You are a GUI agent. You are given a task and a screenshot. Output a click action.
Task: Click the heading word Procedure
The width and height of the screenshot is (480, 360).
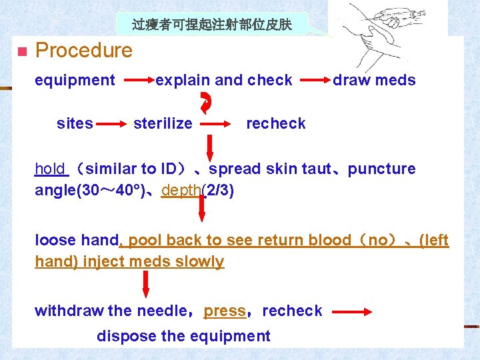click(83, 51)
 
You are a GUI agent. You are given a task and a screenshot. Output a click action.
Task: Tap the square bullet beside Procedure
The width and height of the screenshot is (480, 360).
click(21, 51)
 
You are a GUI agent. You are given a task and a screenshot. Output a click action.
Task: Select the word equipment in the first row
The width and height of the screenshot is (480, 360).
click(75, 81)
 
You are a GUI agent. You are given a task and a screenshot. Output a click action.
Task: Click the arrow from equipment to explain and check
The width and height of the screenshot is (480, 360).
click(139, 81)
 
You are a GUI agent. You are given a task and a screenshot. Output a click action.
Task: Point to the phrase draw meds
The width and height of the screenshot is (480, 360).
click(374, 81)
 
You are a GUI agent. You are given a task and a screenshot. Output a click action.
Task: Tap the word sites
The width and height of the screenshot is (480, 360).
click(75, 123)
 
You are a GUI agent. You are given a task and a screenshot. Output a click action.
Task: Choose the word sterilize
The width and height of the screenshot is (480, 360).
click(163, 123)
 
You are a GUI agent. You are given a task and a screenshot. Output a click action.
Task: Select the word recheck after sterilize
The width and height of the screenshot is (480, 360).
click(275, 123)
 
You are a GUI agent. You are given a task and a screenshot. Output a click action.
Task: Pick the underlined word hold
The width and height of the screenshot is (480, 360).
click(51, 169)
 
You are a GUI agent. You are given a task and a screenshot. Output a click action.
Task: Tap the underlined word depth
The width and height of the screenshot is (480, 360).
click(181, 190)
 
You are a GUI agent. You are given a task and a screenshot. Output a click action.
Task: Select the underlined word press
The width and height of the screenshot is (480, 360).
click(225, 311)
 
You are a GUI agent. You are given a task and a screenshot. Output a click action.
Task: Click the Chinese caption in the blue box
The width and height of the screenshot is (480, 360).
click(211, 25)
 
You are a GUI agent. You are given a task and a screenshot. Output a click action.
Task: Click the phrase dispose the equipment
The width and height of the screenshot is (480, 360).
click(183, 336)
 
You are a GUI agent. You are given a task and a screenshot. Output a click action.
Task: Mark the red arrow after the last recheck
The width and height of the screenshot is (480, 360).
click(354, 311)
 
